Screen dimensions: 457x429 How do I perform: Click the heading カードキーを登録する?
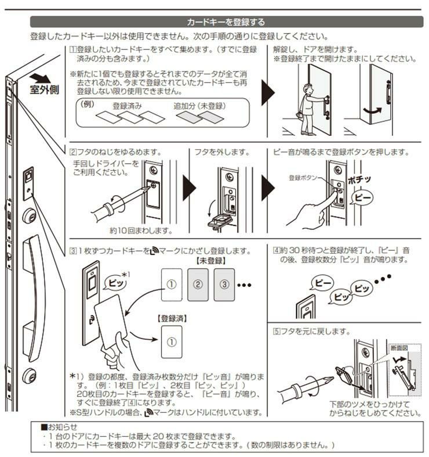pos(226,23)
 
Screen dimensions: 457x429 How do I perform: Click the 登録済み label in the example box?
pos(127,106)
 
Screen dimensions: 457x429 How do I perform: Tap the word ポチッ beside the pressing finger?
pos(359,180)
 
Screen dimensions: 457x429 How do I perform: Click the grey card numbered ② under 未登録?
pos(197,285)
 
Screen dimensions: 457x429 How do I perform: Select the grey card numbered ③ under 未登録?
pos(224,285)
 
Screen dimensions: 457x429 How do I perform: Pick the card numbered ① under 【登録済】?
pos(172,340)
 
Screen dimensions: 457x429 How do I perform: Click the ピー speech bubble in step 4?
pos(321,284)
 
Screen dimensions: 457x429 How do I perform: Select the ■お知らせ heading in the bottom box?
pos(59,427)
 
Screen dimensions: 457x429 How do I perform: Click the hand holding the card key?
pos(121,345)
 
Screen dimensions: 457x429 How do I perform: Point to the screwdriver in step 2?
pos(119,201)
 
